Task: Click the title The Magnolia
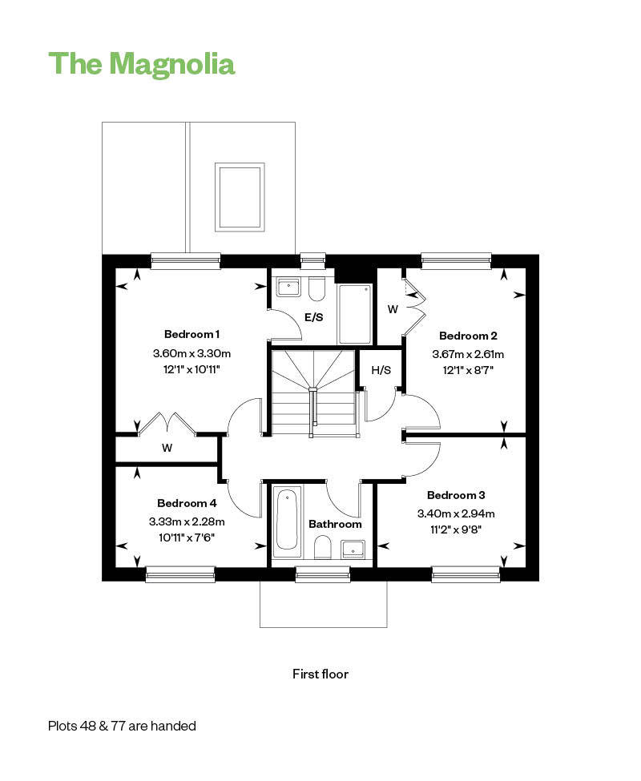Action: pos(142,64)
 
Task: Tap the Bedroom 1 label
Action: pos(191,334)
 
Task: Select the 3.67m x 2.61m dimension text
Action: pos(468,355)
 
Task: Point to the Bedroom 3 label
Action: pos(456,495)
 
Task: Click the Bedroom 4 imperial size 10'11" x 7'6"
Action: pos(187,538)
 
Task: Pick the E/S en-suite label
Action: pos(314,317)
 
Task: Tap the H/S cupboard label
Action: pos(381,370)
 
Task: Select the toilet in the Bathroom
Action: pos(323,547)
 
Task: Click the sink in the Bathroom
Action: pos(353,549)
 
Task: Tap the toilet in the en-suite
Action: pos(316,289)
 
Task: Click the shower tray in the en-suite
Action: pos(355,314)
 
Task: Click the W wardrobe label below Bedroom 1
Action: pos(167,448)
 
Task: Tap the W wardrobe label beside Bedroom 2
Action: pos(393,309)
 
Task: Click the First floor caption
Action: pos(320,674)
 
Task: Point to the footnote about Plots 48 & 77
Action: pos(122,726)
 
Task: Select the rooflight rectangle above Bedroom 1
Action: pos(240,197)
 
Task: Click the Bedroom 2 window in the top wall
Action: pos(456,261)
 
